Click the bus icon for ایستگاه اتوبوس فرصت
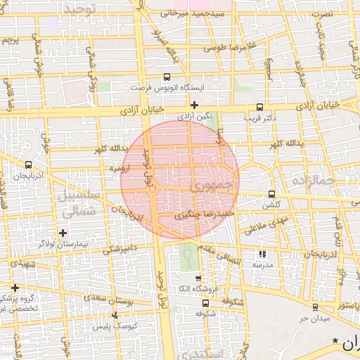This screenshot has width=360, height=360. pos(167,77)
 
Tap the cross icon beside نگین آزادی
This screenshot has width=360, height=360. pos(194,105)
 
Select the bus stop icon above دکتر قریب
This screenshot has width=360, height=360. pos(260,108)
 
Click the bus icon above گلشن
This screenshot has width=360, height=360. pos(272,195)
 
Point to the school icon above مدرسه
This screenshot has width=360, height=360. pos(262,254)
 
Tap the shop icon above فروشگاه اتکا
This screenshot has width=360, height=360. pos(198,278)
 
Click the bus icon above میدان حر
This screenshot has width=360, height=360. pos(314,307)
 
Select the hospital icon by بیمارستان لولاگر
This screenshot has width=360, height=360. pos(63,232)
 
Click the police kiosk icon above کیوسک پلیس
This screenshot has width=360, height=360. pos(115,316)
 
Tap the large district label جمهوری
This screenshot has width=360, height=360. pos(210,186)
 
